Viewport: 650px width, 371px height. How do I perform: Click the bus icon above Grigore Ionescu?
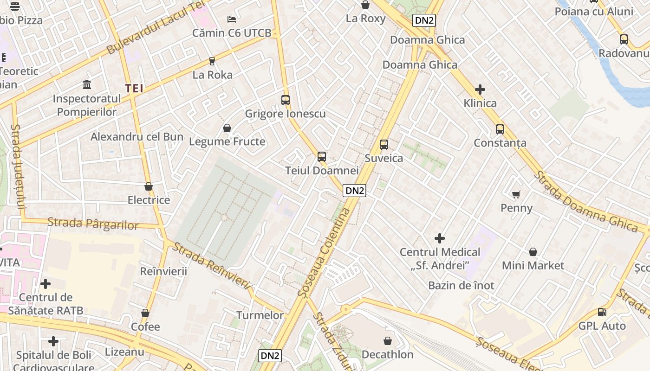pyautogui.click(x=286, y=100)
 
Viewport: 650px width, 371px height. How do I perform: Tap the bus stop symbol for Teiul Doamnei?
pyautogui.click(x=322, y=157)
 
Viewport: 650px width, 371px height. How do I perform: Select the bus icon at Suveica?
pyautogui.click(x=384, y=144)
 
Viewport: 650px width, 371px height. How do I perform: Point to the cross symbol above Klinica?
pyautogui.click(x=480, y=89)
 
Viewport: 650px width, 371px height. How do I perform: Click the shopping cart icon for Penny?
pyautogui.click(x=516, y=194)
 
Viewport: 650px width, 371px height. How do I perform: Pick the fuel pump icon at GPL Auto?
pyautogui.click(x=602, y=312)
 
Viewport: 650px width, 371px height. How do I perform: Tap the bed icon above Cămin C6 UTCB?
pyautogui.click(x=232, y=19)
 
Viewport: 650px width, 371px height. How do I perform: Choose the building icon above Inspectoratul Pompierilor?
pyautogui.click(x=87, y=84)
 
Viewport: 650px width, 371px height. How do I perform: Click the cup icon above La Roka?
pyautogui.click(x=212, y=61)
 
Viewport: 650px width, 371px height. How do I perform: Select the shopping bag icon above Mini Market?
pyautogui.click(x=533, y=252)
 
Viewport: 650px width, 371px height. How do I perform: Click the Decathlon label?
pyautogui.click(x=387, y=355)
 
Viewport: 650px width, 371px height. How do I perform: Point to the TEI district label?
pyautogui.click(x=134, y=88)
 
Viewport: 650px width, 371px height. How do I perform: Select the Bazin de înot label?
pyautogui.click(x=461, y=285)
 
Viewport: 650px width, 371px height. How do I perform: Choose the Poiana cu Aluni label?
pyautogui.click(x=593, y=12)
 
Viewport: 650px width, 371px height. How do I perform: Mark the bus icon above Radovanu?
pyautogui.click(x=624, y=39)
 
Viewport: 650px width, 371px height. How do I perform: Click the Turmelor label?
pyautogui.click(x=260, y=315)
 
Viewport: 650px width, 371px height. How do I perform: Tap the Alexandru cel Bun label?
pyautogui.click(x=137, y=137)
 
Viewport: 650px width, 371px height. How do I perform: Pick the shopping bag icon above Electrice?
pyautogui.click(x=149, y=186)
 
